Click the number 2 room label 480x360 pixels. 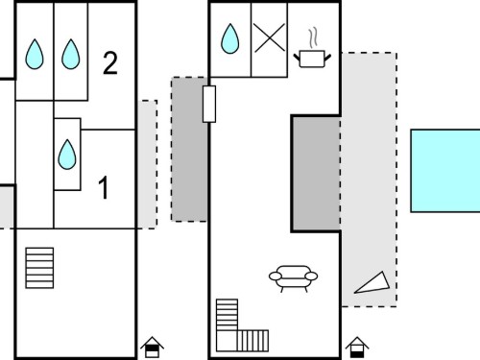click(110, 63)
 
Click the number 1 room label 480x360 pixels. click(104, 187)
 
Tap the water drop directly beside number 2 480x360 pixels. click(71, 54)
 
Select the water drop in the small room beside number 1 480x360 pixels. click(67, 155)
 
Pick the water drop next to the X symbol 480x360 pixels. click(229, 38)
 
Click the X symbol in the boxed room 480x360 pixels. click(270, 37)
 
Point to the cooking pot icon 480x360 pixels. click(312, 59)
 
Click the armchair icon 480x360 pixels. click(293, 277)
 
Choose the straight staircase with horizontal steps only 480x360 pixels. click(39, 268)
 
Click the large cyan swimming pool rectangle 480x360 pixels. click(445, 171)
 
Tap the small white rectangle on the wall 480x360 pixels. click(209, 104)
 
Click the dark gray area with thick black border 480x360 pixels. click(316, 173)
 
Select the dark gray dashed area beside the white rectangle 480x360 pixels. click(189, 149)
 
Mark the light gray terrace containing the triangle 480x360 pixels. click(370, 180)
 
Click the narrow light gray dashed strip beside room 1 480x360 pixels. click(147, 164)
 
